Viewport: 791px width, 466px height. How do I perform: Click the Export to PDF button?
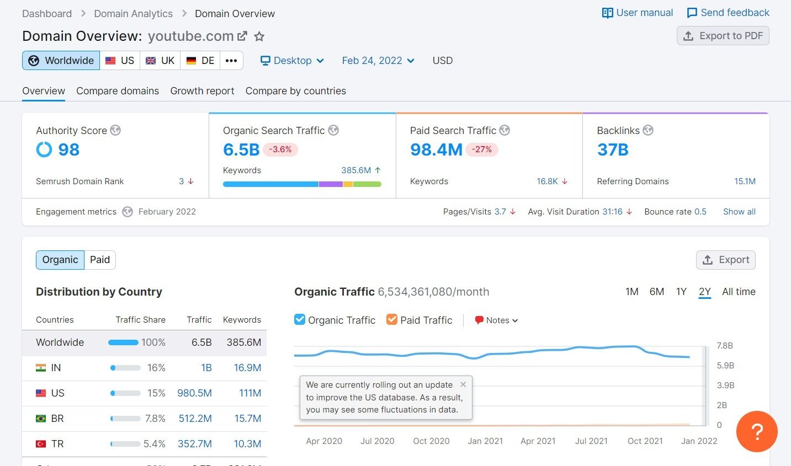(723, 36)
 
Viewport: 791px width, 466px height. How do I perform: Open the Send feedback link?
(728, 13)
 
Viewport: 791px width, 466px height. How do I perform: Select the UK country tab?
(160, 60)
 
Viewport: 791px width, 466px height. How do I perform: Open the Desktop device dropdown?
(292, 60)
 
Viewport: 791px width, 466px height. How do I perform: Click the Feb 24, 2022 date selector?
(378, 60)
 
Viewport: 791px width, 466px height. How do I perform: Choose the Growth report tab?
(202, 90)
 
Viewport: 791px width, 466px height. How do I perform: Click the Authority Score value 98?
(68, 149)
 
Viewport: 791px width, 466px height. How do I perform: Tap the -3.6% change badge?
(280, 149)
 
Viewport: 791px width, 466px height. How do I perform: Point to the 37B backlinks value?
(613, 149)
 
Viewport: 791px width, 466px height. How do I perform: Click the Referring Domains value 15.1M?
(745, 181)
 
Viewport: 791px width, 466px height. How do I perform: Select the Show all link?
(739, 212)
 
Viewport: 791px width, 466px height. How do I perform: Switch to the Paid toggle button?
(100, 260)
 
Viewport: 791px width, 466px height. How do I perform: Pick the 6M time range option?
(656, 292)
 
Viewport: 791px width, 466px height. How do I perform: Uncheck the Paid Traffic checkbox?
(391, 319)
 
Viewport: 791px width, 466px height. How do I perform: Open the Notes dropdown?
(496, 320)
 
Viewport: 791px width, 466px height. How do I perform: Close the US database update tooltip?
(463, 384)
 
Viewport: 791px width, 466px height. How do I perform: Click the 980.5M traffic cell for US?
(194, 393)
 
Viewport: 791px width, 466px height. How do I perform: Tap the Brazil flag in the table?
(41, 419)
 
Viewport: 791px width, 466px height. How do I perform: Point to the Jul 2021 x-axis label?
(591, 441)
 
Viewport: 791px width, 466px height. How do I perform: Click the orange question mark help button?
(757, 431)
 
